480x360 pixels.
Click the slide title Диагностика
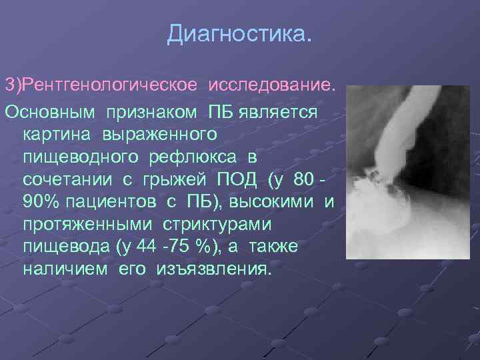point(239,33)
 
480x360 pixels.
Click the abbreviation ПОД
point(238,181)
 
